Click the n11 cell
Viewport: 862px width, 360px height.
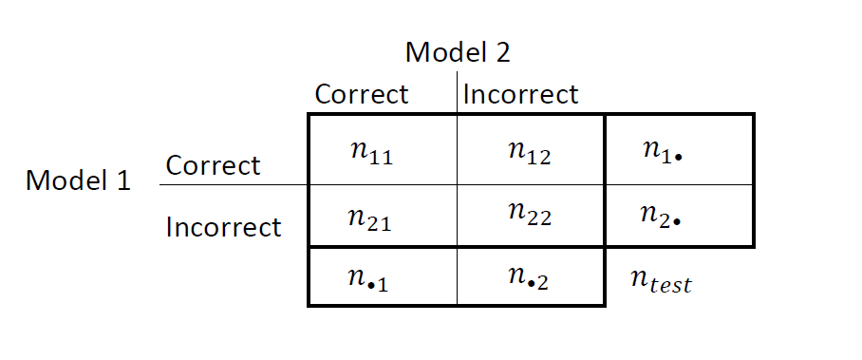tap(365, 153)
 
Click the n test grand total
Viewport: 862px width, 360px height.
tap(662, 280)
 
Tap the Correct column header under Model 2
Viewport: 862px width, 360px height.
tap(361, 95)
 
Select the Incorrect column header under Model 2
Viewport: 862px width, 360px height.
tap(520, 95)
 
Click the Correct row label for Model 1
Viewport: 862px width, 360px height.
tap(213, 165)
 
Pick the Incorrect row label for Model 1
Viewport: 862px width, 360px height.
tap(223, 228)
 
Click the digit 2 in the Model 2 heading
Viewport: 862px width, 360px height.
tap(501, 52)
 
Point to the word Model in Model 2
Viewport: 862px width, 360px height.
tap(445, 52)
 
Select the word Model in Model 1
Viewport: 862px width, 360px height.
tap(66, 180)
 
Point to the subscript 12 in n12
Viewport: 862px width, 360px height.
tap(539, 157)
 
